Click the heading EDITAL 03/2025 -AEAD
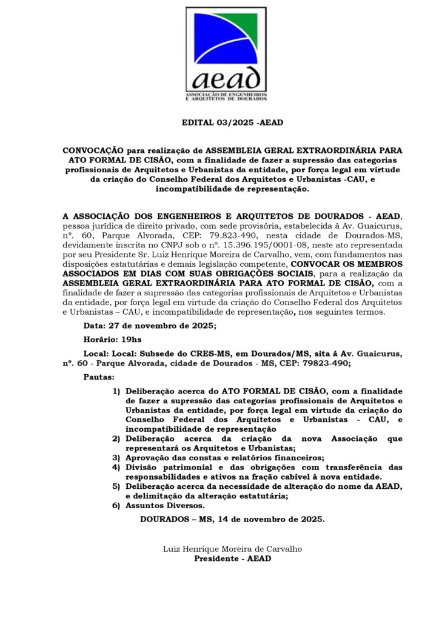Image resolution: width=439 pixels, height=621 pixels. tap(225, 123)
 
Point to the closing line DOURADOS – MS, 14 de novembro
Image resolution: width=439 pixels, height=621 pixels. tap(232, 520)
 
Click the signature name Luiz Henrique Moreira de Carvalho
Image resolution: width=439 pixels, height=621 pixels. tap(232, 549)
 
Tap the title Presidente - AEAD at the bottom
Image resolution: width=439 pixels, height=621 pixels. tap(232, 558)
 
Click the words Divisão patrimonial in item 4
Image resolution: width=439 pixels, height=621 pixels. tap(161, 467)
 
